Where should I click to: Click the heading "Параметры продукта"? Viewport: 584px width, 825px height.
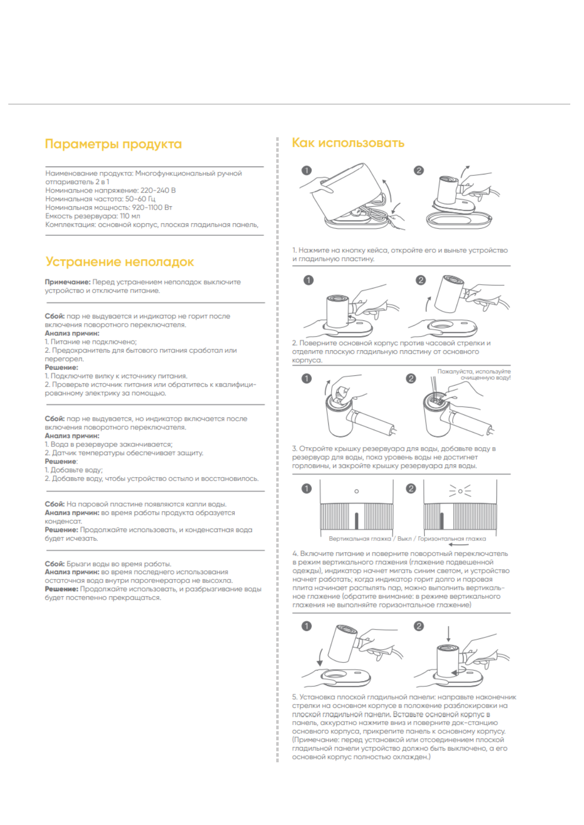click(x=113, y=144)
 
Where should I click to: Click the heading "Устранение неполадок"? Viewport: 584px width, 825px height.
click(x=120, y=262)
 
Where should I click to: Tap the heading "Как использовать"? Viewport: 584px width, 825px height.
click(x=348, y=143)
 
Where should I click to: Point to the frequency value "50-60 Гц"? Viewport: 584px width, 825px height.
click(x=140, y=199)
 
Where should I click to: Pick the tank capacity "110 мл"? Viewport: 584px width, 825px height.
click(x=130, y=216)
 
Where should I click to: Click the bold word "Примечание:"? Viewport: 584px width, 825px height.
click(x=68, y=282)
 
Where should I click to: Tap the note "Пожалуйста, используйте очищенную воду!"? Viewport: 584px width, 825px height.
click(x=474, y=375)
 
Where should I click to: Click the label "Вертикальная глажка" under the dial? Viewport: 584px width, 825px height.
click(x=360, y=539)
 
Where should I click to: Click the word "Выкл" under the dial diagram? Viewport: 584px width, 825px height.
click(x=404, y=539)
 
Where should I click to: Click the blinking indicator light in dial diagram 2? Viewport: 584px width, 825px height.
click(x=460, y=491)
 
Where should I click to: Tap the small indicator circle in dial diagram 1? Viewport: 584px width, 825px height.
click(x=357, y=491)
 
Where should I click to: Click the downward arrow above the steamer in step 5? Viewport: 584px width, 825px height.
click(x=448, y=633)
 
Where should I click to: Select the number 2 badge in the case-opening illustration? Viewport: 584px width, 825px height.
click(x=418, y=170)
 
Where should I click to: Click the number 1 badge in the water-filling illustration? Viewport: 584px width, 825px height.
click(x=307, y=379)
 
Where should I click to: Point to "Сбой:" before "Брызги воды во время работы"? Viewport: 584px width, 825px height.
click(x=54, y=564)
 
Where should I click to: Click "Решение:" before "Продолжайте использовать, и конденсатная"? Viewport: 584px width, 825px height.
click(x=61, y=530)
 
